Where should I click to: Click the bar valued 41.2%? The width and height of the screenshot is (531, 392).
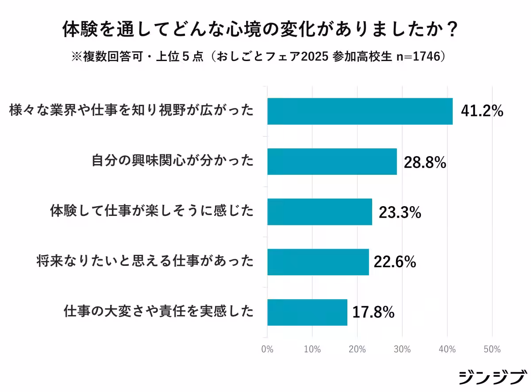pyautogui.click(x=360, y=111)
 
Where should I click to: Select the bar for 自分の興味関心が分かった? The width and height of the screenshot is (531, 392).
pyautogui.click(x=332, y=161)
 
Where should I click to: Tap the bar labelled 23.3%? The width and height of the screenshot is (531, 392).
pyautogui.click(x=319, y=212)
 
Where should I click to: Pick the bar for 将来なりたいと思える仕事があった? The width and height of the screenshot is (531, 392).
pyautogui.click(x=318, y=262)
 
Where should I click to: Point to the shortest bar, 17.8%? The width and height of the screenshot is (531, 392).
pyautogui.click(x=307, y=312)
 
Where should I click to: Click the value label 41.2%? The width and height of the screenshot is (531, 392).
pyautogui.click(x=482, y=111)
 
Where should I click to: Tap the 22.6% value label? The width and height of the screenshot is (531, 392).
pyautogui.click(x=395, y=262)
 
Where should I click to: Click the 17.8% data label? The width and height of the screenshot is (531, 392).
pyautogui.click(x=373, y=313)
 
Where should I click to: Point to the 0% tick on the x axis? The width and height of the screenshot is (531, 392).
pyautogui.click(x=267, y=350)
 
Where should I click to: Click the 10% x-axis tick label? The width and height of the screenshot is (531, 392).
pyautogui.click(x=312, y=350)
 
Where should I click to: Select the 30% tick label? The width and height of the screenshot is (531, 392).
pyautogui.click(x=402, y=350)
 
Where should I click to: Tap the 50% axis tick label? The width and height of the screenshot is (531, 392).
pyautogui.click(x=492, y=350)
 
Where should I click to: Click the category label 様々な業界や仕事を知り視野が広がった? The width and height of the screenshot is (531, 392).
pyautogui.click(x=131, y=111)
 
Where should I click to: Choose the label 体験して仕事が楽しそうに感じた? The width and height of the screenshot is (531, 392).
pyautogui.click(x=151, y=211)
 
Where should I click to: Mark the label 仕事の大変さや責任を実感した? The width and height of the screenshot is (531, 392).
pyautogui.click(x=158, y=312)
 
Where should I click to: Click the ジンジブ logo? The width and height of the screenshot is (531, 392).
pyautogui.click(x=492, y=377)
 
